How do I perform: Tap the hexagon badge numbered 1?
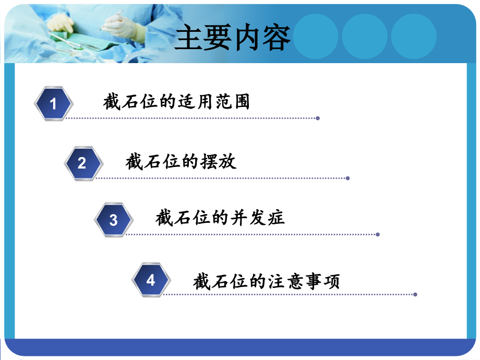53,104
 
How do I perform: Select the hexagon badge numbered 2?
82,163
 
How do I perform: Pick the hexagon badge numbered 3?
113,220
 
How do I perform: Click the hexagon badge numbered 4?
151,280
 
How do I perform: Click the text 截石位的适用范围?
176,102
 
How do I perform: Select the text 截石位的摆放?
181,162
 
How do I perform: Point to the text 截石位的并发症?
220,218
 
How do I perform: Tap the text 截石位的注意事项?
266,282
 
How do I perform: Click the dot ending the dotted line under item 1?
318,118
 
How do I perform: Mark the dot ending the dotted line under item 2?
347,178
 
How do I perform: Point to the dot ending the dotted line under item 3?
378,235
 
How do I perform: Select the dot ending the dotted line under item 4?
415,294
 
